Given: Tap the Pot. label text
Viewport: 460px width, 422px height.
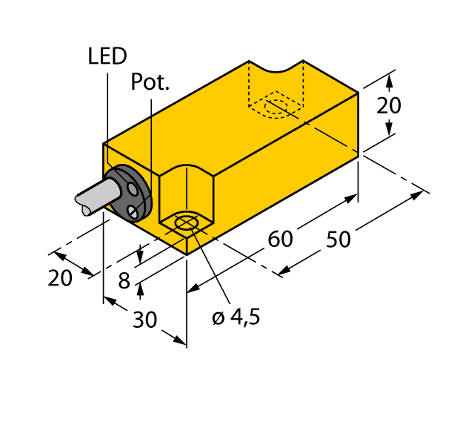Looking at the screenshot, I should coord(150,82).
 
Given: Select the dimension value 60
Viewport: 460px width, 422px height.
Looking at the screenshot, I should coord(280,239).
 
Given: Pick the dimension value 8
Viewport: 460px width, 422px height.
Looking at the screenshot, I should coord(124,281).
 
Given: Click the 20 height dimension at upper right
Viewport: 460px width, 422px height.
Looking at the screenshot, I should coord(388,106).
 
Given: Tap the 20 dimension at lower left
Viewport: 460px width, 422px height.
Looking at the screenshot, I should coord(60,278).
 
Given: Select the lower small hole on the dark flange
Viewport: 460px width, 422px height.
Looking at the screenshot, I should coord(133,213).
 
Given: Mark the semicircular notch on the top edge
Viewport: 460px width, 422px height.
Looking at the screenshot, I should coord(276,69).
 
